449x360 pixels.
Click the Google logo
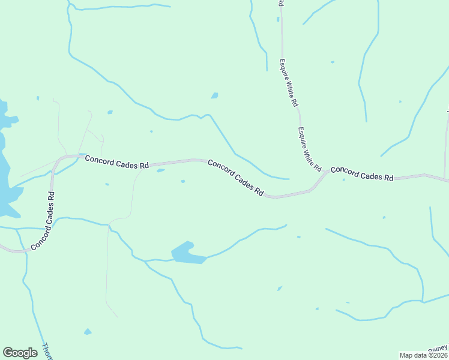[x=20, y=353]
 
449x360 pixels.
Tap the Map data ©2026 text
[x=424, y=355]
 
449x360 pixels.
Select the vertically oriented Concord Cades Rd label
[x=43, y=220]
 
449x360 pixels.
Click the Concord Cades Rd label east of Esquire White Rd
[x=362, y=174]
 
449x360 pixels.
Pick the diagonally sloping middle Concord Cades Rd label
[x=236, y=178]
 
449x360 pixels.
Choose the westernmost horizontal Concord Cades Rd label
[x=116, y=161]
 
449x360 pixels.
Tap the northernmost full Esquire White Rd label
[x=288, y=83]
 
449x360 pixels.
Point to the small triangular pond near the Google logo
[x=88, y=332]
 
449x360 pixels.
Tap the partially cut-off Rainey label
[x=439, y=348]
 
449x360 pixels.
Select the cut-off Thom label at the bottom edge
[x=47, y=351]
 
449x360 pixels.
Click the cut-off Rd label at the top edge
[x=280, y=4]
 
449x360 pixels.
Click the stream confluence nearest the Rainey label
[x=423, y=302]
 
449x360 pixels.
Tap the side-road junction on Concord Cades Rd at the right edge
[x=445, y=178]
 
